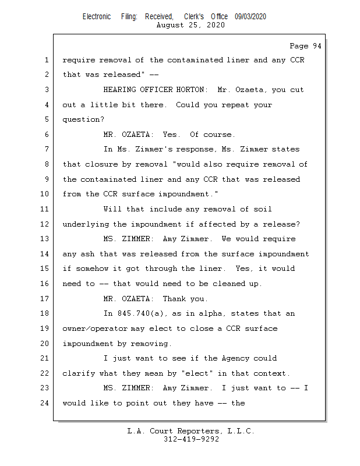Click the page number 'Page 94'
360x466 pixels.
(x=305, y=45)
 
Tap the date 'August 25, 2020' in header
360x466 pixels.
(x=191, y=25)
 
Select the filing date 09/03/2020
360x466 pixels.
(x=250, y=16)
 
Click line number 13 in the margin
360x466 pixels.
(x=46, y=239)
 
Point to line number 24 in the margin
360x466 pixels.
(x=46, y=403)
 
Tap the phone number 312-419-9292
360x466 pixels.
(x=191, y=439)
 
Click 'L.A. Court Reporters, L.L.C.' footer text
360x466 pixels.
(x=191, y=431)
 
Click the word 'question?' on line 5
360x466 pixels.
(x=83, y=120)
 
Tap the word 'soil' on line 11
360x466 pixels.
(x=262, y=209)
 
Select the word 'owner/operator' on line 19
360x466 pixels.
(x=94, y=329)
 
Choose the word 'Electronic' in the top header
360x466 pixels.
(x=96, y=16)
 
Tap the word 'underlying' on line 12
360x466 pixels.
(x=85, y=224)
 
